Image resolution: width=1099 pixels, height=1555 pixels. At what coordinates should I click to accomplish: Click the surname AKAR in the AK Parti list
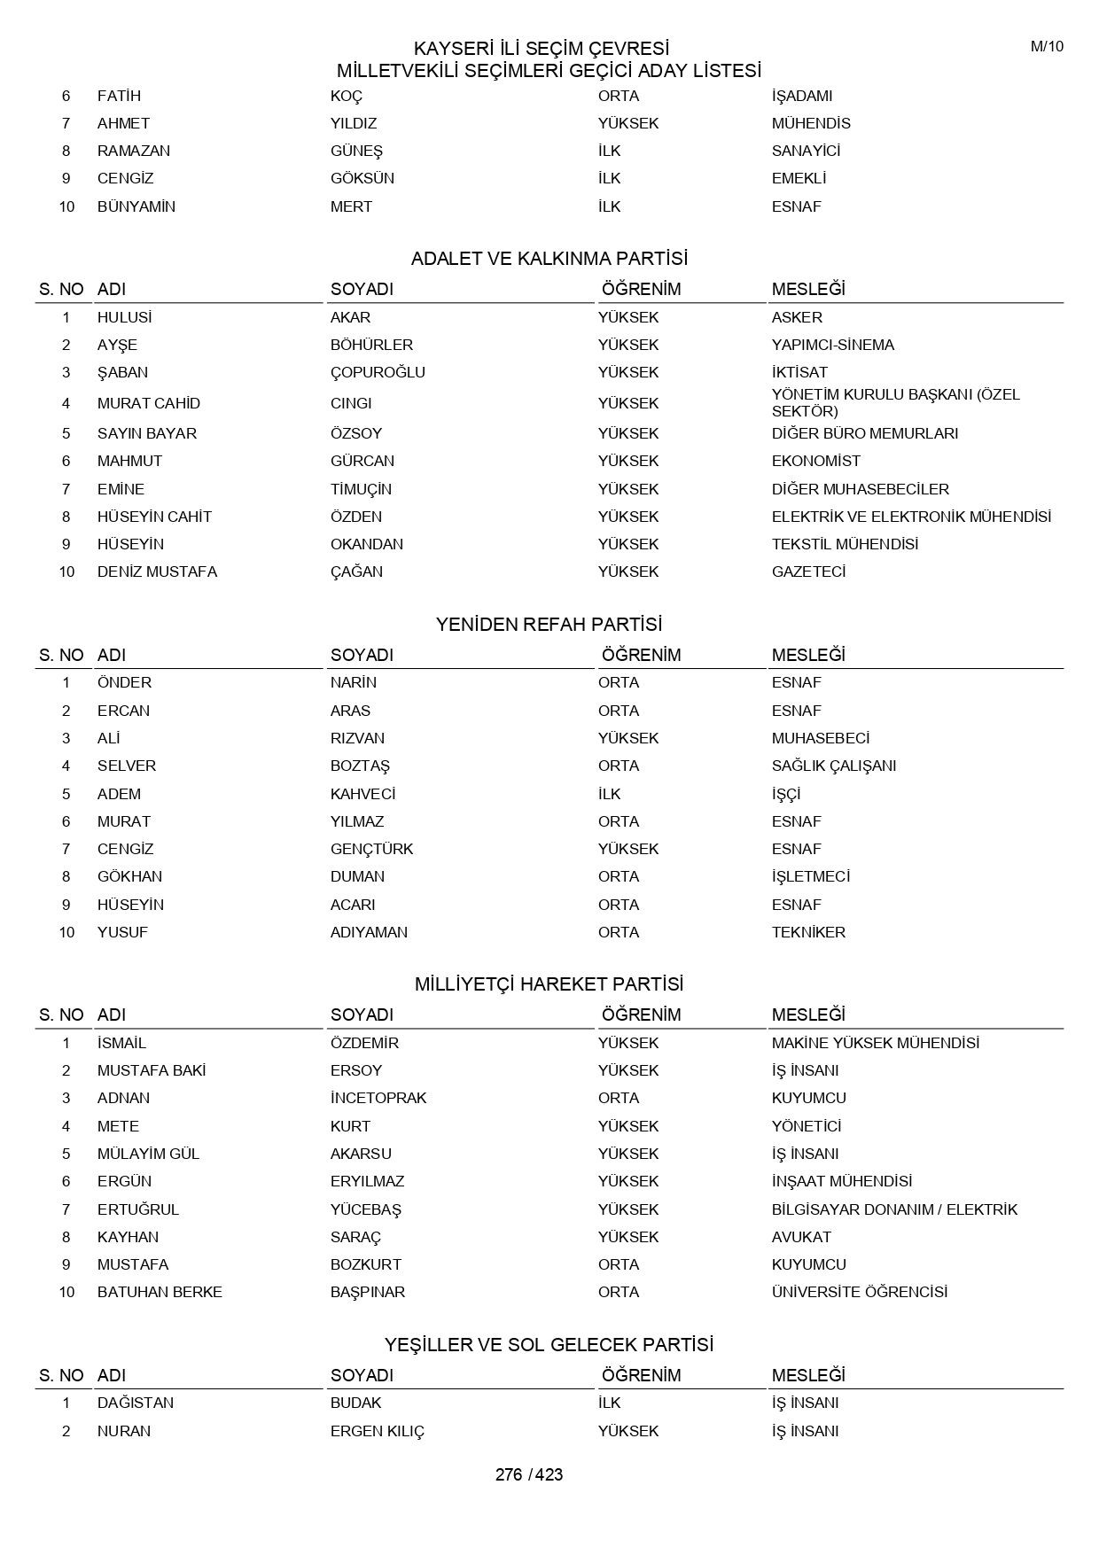[350, 317]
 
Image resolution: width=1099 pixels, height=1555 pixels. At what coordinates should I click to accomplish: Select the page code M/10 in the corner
[1046, 47]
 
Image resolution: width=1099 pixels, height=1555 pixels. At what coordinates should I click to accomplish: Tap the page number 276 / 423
[529, 1474]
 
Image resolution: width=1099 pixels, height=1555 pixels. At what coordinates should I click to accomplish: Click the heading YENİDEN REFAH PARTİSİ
[549, 625]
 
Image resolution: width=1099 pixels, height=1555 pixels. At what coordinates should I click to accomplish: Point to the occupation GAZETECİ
[808, 571]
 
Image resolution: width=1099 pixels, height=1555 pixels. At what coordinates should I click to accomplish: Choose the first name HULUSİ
[124, 317]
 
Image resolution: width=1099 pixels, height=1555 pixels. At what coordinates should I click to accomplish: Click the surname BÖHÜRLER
[371, 345]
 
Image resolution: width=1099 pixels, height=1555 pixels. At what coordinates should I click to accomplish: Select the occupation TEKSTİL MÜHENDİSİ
[845, 544]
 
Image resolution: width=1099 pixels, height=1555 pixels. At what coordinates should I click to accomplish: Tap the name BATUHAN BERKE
[160, 1292]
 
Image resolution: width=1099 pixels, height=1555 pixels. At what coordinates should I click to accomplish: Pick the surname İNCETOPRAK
[378, 1098]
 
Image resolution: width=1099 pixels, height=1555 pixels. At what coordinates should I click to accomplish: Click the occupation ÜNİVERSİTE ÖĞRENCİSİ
[859, 1292]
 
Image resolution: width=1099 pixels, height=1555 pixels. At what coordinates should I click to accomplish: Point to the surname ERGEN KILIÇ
[378, 1431]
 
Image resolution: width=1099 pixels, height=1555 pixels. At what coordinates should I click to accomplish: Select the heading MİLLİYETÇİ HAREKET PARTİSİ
[549, 984]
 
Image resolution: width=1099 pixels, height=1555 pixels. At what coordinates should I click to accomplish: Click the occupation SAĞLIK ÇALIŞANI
[833, 766]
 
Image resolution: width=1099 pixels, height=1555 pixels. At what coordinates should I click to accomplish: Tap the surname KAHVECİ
[362, 794]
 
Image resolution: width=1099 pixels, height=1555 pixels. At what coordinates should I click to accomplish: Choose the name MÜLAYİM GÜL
[148, 1154]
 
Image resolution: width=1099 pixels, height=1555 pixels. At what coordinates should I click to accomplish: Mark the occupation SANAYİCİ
[806, 151]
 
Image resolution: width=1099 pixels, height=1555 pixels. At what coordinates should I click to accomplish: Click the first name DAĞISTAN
[136, 1403]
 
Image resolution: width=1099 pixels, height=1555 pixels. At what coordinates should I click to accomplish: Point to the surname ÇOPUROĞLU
[378, 372]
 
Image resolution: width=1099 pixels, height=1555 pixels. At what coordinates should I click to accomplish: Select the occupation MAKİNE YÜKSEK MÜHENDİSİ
[875, 1043]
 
